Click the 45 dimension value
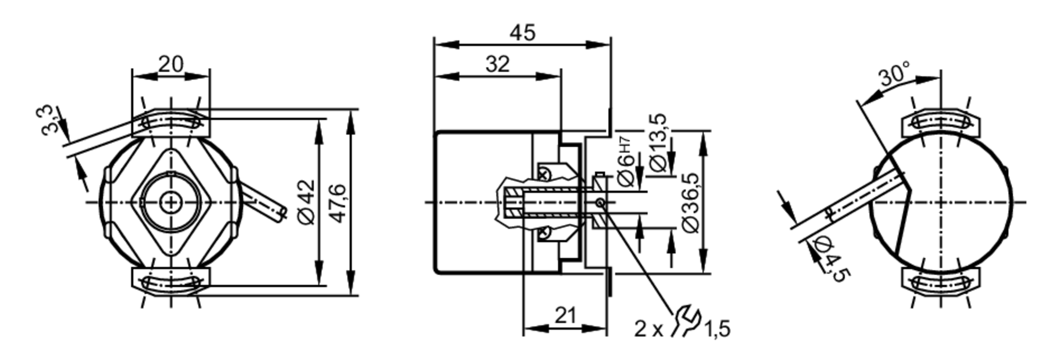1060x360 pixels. [x=523, y=33]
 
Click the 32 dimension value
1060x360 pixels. [x=497, y=64]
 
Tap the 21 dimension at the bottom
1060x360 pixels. [x=565, y=316]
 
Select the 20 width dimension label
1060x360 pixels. [x=171, y=65]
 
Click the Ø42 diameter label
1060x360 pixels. [x=307, y=202]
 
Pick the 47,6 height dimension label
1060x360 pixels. [x=338, y=202]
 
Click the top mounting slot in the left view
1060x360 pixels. [x=171, y=123]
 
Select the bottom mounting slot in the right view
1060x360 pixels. [x=941, y=283]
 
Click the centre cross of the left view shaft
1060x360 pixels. [x=171, y=202]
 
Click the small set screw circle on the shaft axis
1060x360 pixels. [x=599, y=202]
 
